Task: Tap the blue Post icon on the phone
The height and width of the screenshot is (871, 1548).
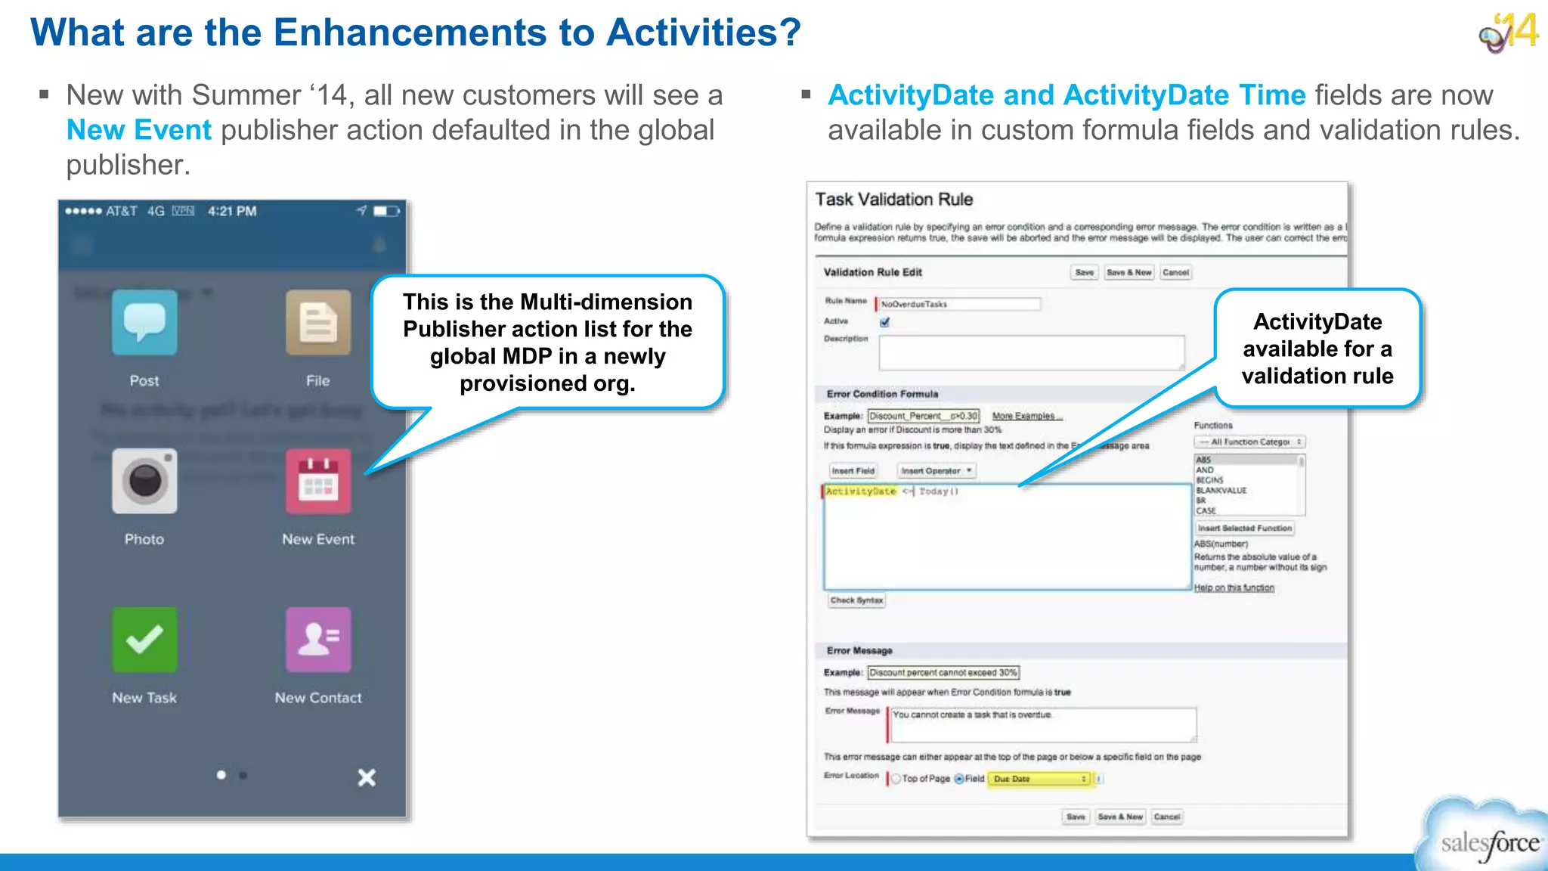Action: (144, 323)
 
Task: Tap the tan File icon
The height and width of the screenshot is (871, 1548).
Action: (318, 323)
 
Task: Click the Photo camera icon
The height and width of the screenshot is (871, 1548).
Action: (144, 482)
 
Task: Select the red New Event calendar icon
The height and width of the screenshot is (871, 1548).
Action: (318, 482)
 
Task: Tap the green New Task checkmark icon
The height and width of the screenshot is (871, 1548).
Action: (144, 640)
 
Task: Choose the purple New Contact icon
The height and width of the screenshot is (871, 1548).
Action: (318, 640)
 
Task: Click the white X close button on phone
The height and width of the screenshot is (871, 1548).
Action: (367, 777)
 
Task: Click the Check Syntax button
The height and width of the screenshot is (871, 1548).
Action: (856, 600)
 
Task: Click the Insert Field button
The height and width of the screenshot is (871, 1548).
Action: (853, 471)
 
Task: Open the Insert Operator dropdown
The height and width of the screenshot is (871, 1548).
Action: (936, 471)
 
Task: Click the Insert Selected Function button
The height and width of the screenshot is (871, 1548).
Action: (1244, 528)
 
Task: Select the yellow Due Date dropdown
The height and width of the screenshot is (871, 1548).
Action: (1040, 779)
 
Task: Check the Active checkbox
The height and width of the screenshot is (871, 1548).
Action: (885, 322)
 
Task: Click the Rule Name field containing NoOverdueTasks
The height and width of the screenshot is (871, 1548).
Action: (958, 304)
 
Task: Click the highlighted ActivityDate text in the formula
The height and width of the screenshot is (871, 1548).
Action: (860, 491)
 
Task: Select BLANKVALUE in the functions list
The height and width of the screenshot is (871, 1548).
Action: (1221, 491)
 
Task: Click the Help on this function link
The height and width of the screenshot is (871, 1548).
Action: (1234, 587)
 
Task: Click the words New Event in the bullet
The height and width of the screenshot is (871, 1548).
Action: (139, 130)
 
